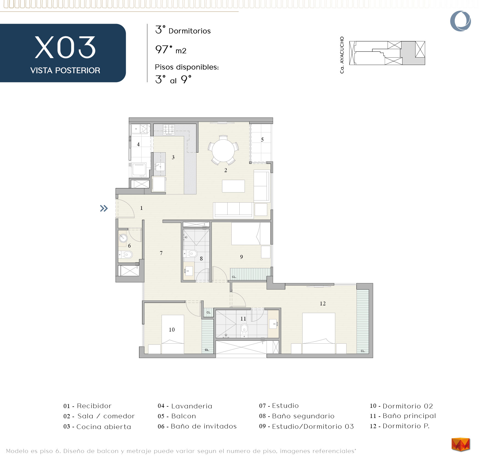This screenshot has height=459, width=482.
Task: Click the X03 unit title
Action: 65,47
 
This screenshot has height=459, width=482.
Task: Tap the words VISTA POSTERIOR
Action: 65,70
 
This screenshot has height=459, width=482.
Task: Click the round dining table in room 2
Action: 223,150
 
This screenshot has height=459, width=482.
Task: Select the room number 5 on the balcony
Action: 262,140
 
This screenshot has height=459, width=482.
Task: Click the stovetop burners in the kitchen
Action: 169,129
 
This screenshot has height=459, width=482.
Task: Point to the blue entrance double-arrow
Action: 104,208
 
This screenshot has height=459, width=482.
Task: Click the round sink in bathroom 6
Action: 123,238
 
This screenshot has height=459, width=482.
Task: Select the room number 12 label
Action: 323,303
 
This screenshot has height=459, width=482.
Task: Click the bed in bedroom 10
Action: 173,334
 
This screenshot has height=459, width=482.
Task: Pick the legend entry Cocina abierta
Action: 97,427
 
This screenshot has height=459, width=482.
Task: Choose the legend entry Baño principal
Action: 403,416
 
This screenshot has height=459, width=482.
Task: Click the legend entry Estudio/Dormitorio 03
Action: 306,426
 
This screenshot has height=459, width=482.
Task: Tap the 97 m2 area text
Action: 171,50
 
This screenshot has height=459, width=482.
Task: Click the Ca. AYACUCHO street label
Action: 342,55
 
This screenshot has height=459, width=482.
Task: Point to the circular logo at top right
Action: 461,21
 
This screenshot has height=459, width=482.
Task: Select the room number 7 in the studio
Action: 161,253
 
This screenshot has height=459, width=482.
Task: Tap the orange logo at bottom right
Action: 461,444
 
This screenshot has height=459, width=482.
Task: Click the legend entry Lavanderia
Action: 185,406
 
